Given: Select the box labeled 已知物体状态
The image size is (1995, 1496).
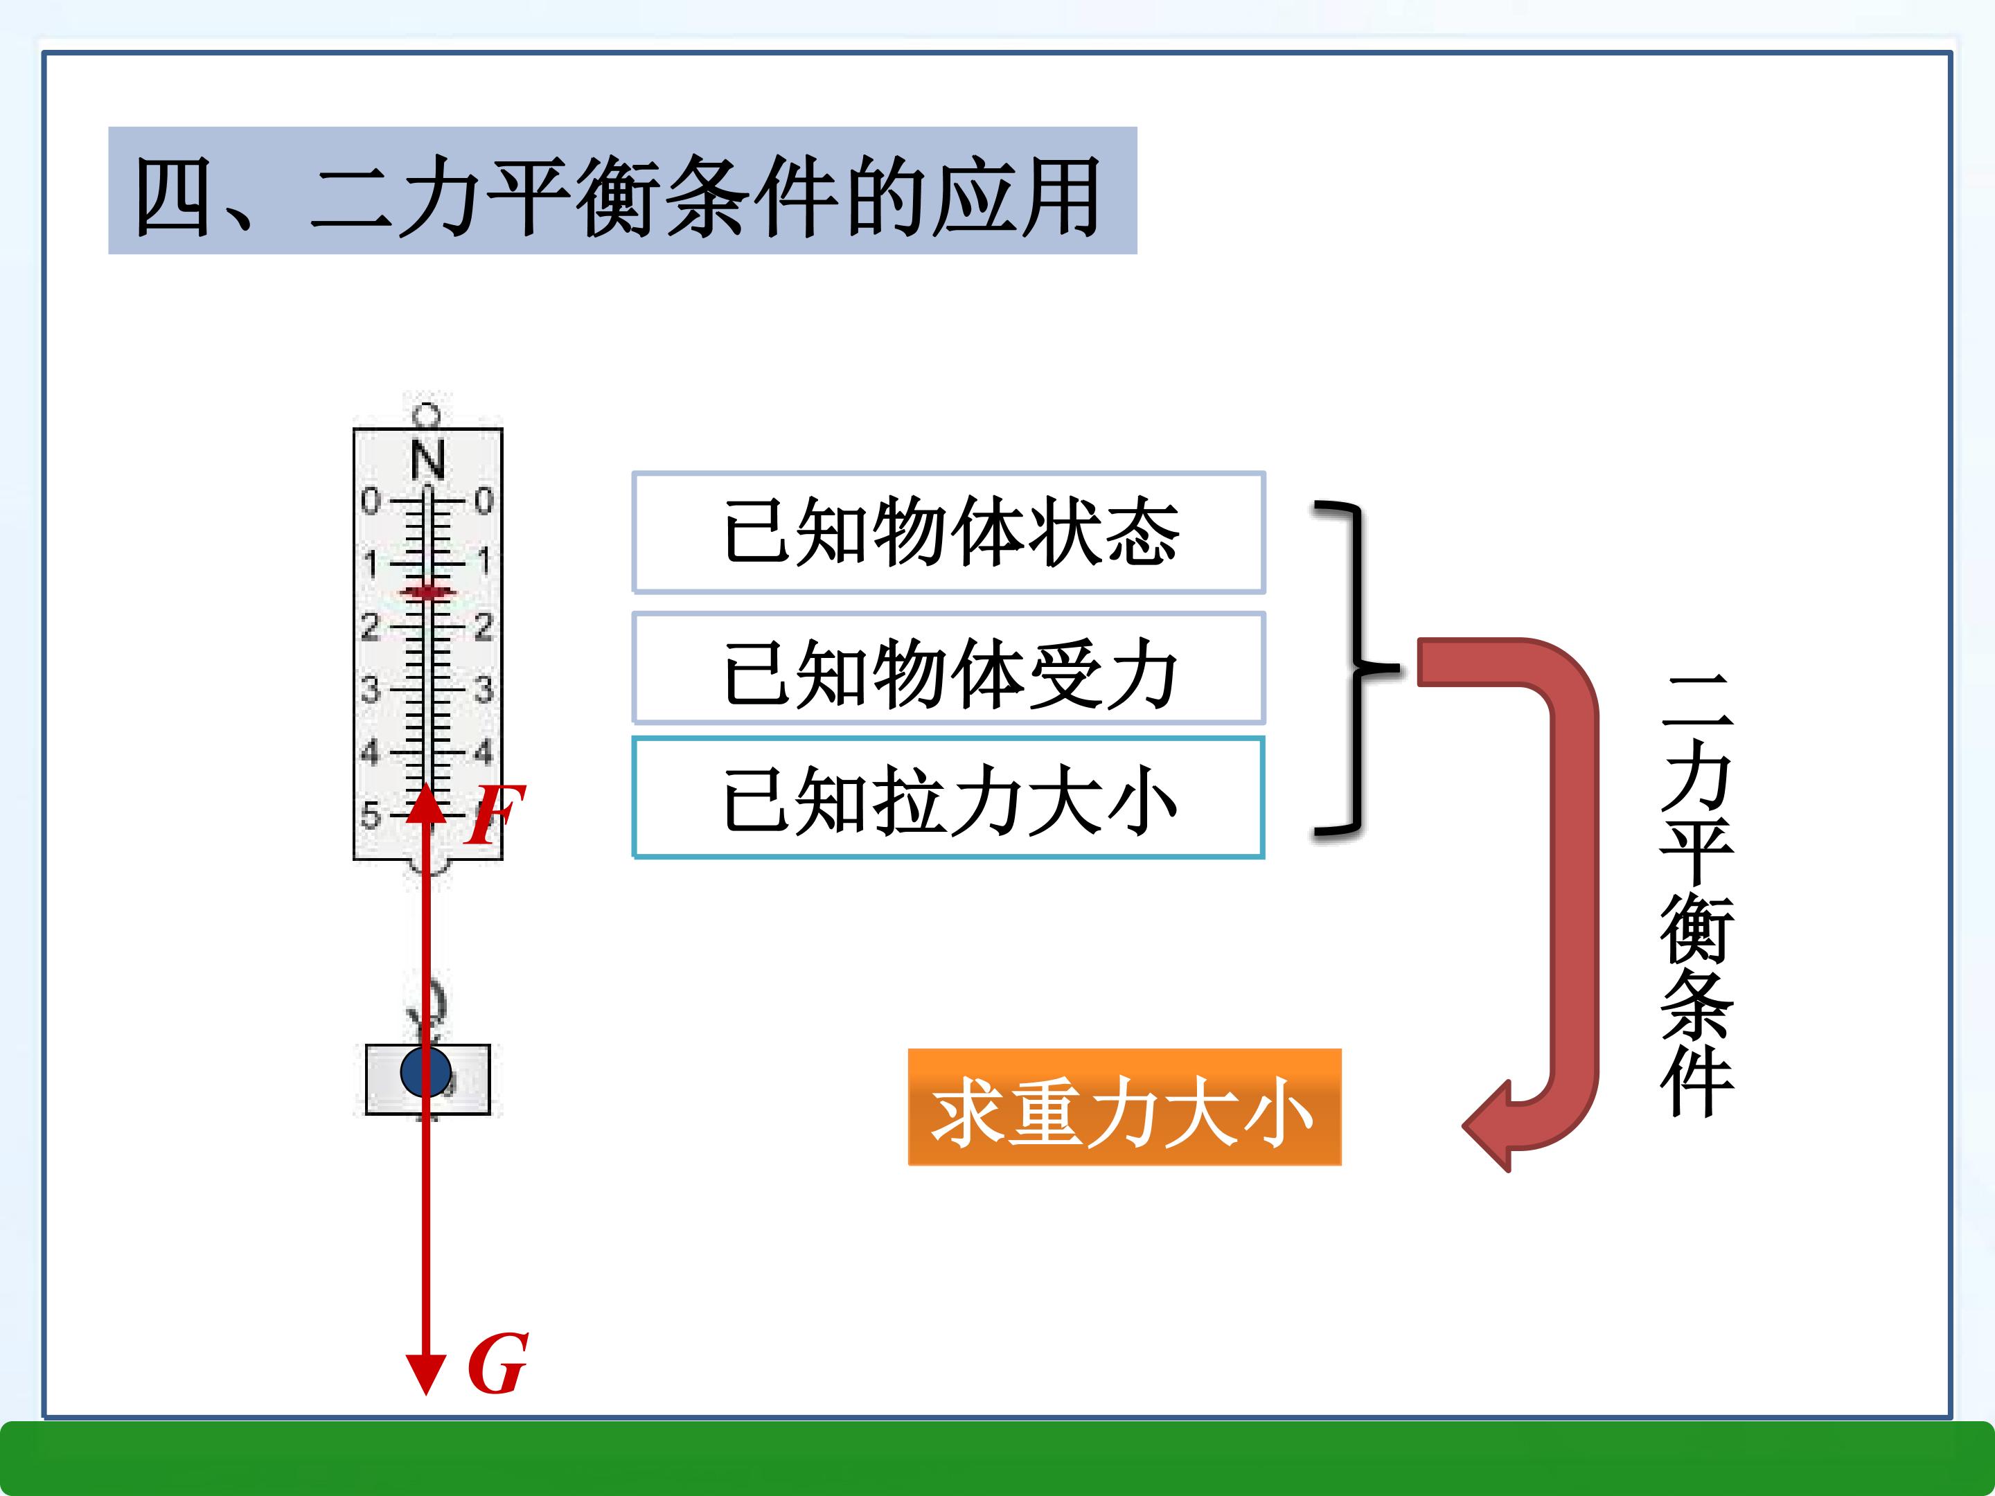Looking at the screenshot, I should (949, 532).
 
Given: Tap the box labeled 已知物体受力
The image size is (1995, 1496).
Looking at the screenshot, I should (949, 668).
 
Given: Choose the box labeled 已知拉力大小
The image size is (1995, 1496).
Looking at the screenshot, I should (949, 798).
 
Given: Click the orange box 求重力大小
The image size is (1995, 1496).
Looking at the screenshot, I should (1124, 1107).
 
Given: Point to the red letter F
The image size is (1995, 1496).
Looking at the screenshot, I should (493, 814).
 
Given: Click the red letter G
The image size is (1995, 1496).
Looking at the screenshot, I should (497, 1364).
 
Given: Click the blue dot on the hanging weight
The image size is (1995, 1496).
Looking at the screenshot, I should (426, 1071).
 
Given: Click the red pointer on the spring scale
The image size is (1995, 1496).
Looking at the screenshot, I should (427, 591).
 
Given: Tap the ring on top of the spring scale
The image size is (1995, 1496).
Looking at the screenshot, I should (427, 416).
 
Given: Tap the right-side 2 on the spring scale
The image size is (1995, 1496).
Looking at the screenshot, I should (484, 627).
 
